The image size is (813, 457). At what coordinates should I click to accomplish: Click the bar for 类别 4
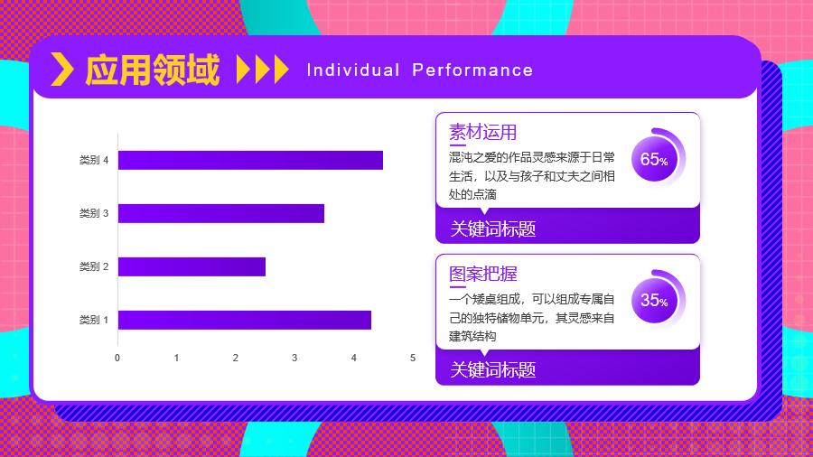click(x=250, y=160)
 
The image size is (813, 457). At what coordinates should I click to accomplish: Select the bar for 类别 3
click(x=221, y=213)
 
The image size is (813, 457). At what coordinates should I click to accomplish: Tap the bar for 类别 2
click(x=192, y=266)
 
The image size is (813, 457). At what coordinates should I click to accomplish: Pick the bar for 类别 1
click(x=245, y=320)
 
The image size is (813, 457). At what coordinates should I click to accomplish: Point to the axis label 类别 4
click(x=94, y=160)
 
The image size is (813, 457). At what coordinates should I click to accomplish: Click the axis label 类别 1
click(x=94, y=320)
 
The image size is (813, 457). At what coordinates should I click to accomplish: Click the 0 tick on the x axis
click(x=117, y=358)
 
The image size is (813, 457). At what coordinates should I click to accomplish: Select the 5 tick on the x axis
click(x=413, y=358)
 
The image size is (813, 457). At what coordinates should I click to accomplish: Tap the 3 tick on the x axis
click(x=294, y=358)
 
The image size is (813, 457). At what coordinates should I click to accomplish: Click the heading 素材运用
click(x=482, y=132)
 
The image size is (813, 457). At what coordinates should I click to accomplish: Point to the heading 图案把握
click(x=482, y=274)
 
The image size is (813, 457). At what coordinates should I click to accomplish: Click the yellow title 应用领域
click(x=153, y=70)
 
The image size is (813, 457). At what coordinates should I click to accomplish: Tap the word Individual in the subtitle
click(x=353, y=70)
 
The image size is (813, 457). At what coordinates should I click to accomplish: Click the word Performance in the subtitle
click(x=472, y=70)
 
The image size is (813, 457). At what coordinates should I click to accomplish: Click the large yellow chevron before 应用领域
click(x=62, y=69)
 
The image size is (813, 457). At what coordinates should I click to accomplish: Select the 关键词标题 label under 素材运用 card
click(x=492, y=228)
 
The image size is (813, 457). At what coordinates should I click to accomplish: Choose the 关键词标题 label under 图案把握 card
click(x=492, y=370)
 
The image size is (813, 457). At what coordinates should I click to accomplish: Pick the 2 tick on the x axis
click(x=236, y=358)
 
